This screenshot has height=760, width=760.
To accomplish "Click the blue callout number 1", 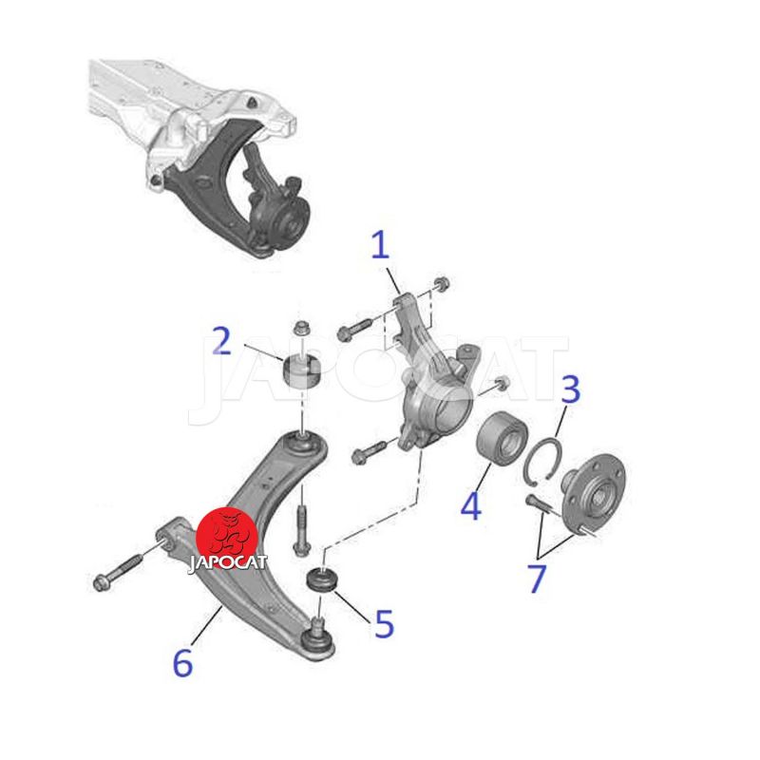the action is [x=381, y=245].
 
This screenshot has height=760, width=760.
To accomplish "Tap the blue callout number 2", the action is [x=222, y=341].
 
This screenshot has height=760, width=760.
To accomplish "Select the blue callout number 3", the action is [x=571, y=389].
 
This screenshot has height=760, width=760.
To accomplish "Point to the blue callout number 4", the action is [x=470, y=505].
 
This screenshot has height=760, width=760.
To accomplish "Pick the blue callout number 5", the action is [x=385, y=624].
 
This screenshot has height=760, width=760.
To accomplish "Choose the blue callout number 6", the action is [x=183, y=662].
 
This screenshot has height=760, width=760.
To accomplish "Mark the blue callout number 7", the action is [x=537, y=579].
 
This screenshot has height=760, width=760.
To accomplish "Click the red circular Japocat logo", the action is [x=227, y=538].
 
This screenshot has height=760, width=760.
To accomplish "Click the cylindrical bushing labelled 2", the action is [x=301, y=372].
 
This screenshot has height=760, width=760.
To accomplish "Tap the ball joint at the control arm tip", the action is [x=317, y=639].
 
